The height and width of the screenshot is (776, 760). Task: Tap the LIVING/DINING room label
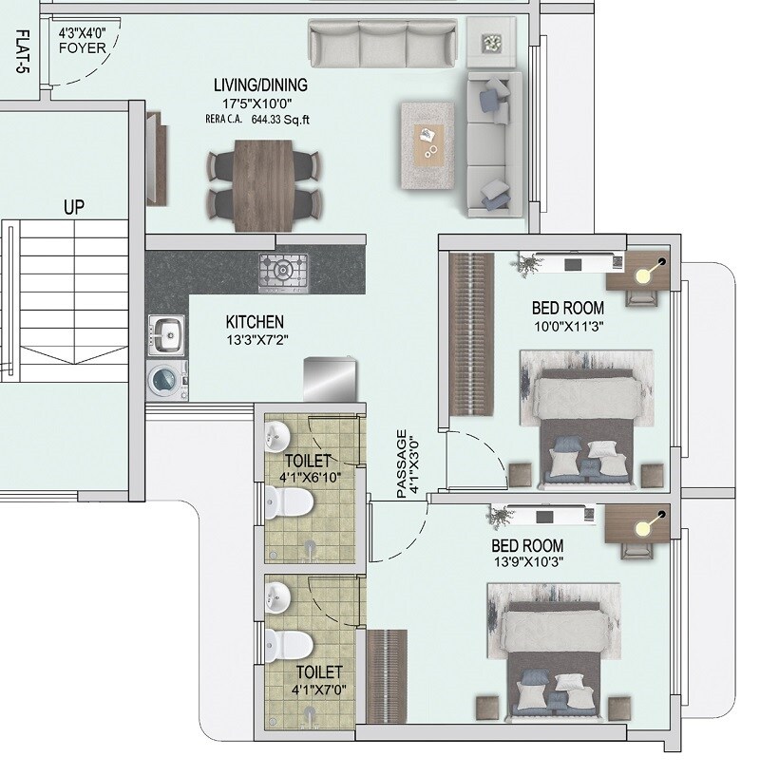click(259, 85)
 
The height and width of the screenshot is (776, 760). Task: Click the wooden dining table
click(261, 184)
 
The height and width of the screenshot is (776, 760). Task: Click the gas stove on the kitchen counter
click(283, 272)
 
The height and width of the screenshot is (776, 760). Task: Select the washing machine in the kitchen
click(167, 379)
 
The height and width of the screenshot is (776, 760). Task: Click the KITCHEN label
click(254, 322)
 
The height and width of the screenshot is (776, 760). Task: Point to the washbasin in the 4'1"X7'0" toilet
click(278, 597)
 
